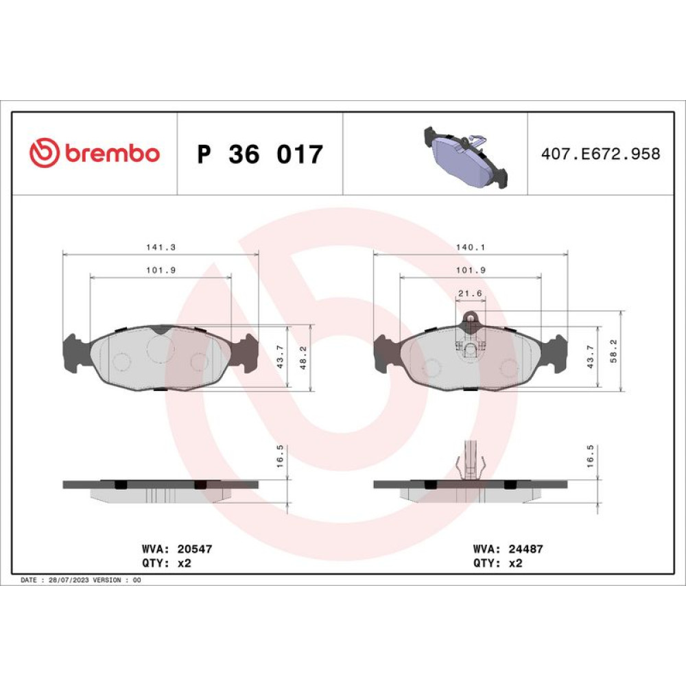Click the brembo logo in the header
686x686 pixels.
(95, 153)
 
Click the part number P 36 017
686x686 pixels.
(260, 154)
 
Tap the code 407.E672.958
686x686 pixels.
(600, 154)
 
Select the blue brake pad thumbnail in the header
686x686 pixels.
(466, 158)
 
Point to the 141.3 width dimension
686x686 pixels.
(161, 247)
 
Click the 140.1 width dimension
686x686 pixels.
(471, 247)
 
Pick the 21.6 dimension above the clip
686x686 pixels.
(470, 293)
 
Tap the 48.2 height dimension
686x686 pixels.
(303, 358)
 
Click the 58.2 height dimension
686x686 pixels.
(613, 351)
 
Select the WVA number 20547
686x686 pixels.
(195, 549)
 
